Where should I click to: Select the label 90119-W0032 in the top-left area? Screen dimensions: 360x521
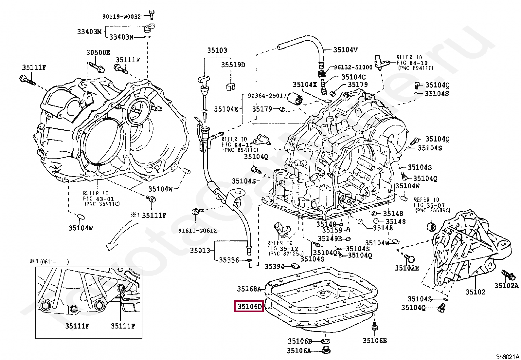pos(121,16)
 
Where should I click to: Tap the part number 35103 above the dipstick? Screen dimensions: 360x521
pos(217,50)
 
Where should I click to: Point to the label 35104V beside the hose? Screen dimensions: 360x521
pos(345,50)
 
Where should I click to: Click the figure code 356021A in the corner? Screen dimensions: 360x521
pos(508,356)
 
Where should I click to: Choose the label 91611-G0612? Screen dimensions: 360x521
pos(197,230)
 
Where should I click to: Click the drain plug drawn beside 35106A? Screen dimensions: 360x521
pos(326,350)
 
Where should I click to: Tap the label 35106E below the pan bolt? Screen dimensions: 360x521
pos(374,341)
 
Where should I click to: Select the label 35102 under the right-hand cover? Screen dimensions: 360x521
pos(475,292)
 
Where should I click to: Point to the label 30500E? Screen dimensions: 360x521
pos(98,52)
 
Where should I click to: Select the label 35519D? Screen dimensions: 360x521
pos(233,65)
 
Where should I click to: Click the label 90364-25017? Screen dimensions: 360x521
pos(267,96)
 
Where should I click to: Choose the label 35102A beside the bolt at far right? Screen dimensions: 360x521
pos(506,285)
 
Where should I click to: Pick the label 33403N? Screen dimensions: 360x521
pos(121,37)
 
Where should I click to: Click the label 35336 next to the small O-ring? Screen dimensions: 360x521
pos(229,260)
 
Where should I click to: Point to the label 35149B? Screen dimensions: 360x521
pos(330,238)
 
